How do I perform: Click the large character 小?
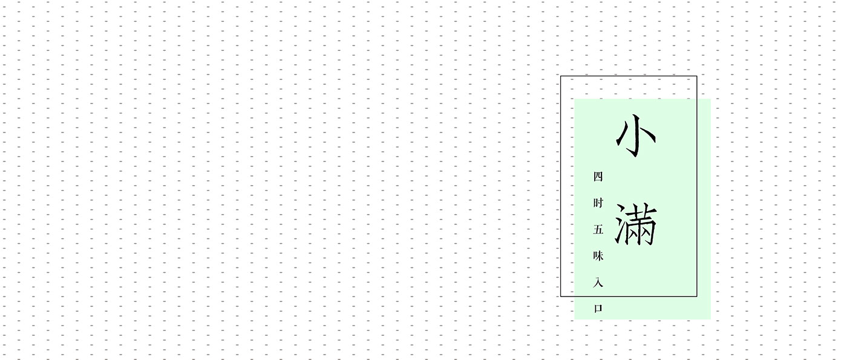(x=636, y=136)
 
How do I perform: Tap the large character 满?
(x=636, y=224)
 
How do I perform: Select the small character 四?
(x=598, y=177)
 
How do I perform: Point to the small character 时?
(x=598, y=203)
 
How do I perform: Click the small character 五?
(x=598, y=229)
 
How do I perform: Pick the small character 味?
(x=598, y=256)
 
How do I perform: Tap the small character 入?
(x=598, y=282)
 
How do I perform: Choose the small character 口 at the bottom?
(x=598, y=308)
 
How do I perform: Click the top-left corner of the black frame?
(x=561, y=76)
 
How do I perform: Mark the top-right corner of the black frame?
(x=697, y=76)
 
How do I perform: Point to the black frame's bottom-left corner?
(x=561, y=296)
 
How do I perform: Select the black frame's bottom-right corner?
(x=697, y=296)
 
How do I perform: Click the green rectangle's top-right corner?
(x=710, y=99)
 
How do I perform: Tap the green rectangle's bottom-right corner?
(x=710, y=319)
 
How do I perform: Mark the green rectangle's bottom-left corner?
(x=575, y=319)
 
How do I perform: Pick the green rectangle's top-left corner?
(x=575, y=99)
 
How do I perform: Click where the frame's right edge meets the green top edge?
(x=697, y=99)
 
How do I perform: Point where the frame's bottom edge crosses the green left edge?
(x=575, y=296)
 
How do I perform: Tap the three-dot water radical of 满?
(x=621, y=224)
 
